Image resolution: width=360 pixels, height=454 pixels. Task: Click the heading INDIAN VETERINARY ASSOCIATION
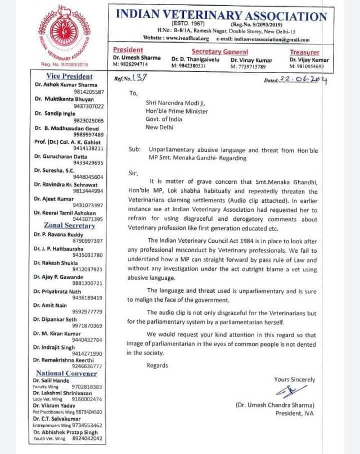click(x=221, y=16)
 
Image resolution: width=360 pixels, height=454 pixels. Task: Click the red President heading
click(x=128, y=50)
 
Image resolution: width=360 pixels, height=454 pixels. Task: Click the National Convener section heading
click(x=66, y=373)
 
